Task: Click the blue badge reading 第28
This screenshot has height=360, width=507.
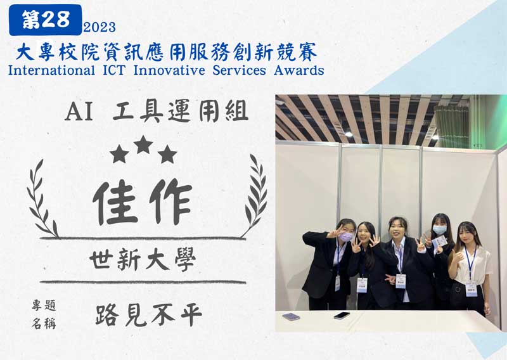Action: point(45,20)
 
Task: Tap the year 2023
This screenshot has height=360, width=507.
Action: point(99,27)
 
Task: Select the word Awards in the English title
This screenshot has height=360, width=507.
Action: point(299,70)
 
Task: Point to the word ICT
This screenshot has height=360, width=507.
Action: point(114,70)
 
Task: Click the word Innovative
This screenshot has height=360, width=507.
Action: point(169,70)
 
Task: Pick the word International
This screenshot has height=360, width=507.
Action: point(52,70)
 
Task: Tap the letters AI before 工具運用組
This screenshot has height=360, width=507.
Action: point(79,112)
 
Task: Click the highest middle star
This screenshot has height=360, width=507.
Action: point(143,145)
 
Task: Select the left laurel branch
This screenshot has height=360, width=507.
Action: point(42,199)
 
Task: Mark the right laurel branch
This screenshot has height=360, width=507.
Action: point(255,196)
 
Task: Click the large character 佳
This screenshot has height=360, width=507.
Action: point(116,202)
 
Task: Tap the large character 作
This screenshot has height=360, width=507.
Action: point(170,201)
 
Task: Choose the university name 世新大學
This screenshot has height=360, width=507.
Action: point(143,260)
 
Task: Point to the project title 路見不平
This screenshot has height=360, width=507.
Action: point(149,315)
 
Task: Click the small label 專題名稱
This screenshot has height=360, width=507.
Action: point(44,314)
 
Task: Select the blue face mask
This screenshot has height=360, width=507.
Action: point(439,229)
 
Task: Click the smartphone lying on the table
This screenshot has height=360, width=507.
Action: point(342,315)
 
